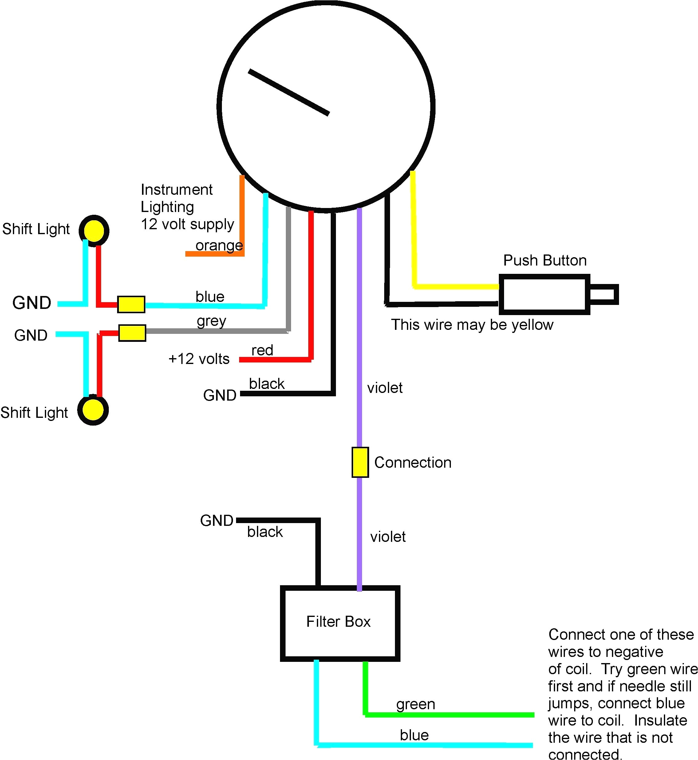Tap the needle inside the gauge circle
[289, 92]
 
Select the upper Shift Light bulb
[94, 230]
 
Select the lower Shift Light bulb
[93, 410]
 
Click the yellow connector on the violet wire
[360, 462]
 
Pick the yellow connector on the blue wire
[131, 304]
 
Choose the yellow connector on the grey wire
[132, 333]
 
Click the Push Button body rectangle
[544, 294]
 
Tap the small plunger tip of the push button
[604, 294]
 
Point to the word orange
[219, 246]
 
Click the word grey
[211, 321]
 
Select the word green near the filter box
[416, 704]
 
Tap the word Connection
[412, 462]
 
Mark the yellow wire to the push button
[414, 234]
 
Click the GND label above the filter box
[216, 521]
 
